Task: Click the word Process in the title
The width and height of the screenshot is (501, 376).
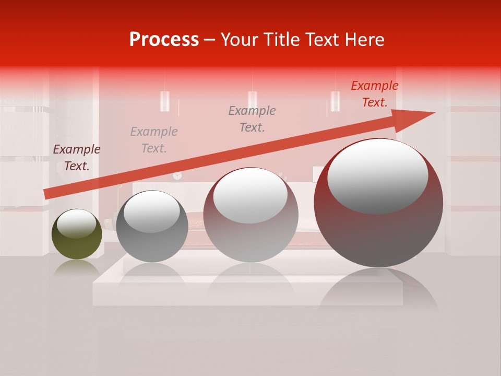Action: [x=164, y=40]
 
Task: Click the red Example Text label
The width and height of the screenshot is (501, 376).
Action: [x=374, y=94]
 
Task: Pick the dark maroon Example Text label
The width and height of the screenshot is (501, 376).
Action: [x=77, y=158]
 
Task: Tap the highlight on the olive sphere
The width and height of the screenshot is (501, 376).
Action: [x=76, y=224]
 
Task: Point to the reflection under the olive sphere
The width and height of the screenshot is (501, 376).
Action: [x=77, y=267]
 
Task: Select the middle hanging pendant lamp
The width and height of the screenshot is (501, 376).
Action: [x=252, y=99]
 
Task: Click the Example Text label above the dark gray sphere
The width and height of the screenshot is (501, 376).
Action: [x=154, y=140]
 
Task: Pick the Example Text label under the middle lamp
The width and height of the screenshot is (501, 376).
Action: [x=252, y=119]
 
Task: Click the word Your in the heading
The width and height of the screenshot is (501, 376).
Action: [x=240, y=40]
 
